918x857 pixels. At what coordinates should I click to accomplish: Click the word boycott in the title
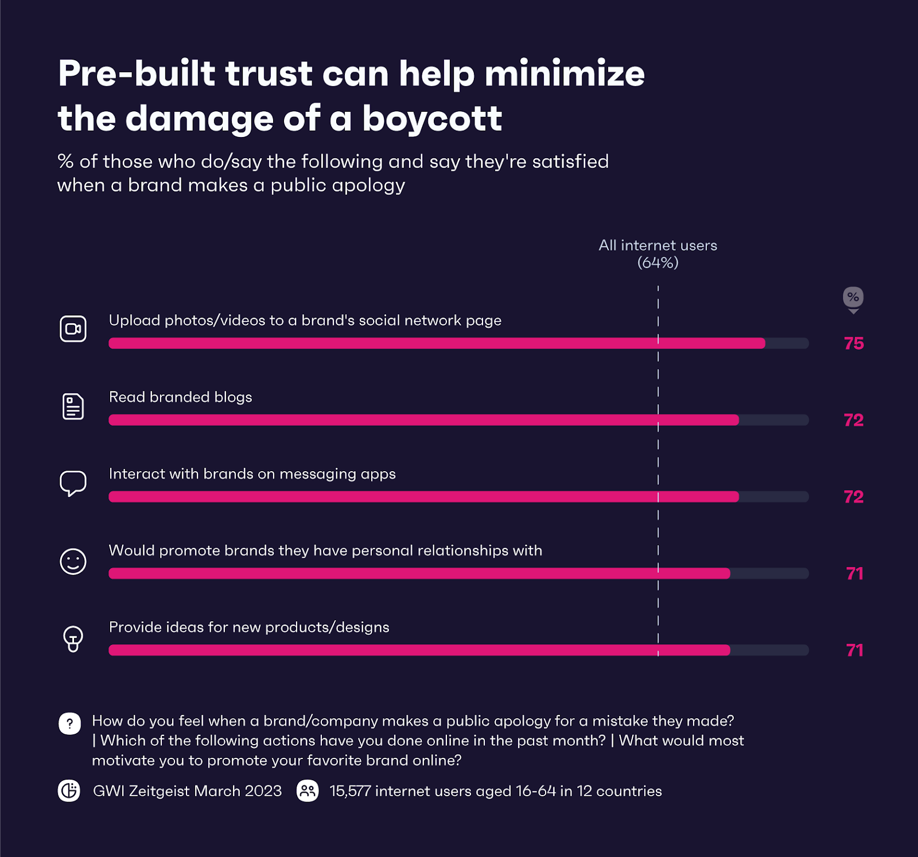(432, 119)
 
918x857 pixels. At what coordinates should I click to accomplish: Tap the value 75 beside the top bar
(854, 343)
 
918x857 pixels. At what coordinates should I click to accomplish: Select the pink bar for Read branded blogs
(423, 420)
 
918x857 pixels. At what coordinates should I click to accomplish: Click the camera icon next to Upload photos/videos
(73, 329)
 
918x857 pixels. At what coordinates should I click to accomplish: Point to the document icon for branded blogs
(73, 406)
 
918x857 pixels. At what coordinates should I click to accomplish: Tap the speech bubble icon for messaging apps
(73, 483)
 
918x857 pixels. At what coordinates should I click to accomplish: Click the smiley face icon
(73, 561)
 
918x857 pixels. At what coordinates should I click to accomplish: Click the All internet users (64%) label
(658, 253)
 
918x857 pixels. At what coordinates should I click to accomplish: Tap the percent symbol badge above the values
(853, 297)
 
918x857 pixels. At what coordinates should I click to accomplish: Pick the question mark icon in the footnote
(70, 723)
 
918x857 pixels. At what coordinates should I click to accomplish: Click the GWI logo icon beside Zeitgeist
(69, 791)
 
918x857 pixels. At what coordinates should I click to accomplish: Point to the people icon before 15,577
(308, 791)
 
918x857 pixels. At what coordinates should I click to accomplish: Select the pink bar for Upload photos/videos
(437, 343)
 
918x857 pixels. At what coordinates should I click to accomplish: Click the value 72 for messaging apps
(854, 497)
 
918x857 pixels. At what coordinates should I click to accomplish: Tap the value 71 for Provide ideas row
(854, 650)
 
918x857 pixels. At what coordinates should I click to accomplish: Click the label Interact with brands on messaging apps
(252, 474)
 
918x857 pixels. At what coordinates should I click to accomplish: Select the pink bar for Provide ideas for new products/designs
(419, 650)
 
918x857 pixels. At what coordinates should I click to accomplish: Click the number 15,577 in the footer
(350, 791)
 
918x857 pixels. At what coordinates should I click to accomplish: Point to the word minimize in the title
(565, 74)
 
